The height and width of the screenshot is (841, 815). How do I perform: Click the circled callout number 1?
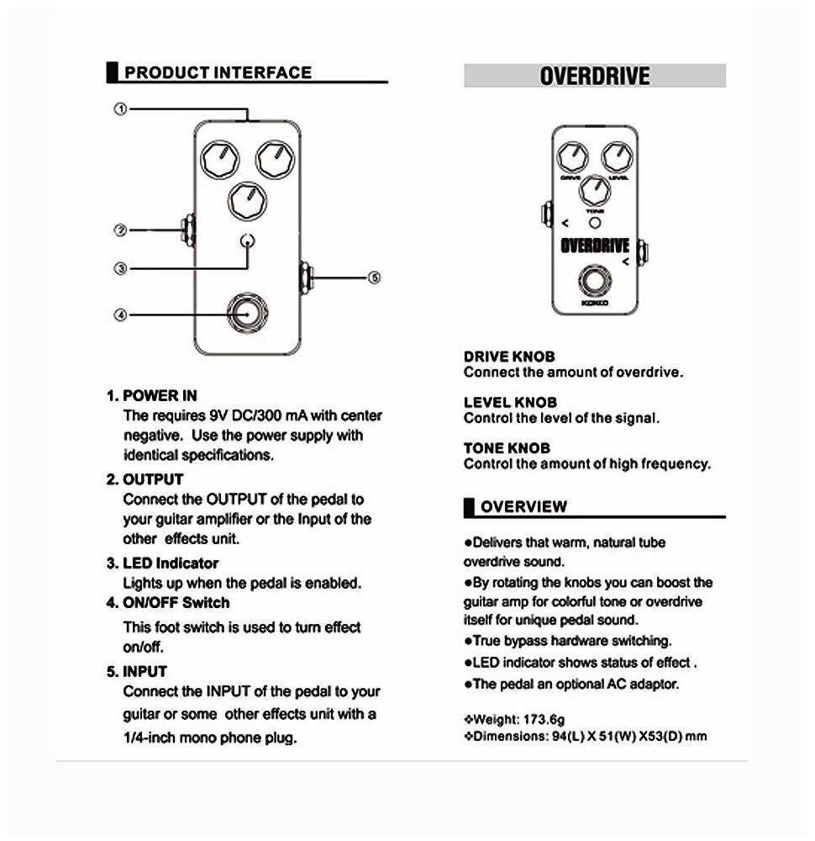pos(121,109)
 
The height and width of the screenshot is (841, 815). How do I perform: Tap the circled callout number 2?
pos(121,230)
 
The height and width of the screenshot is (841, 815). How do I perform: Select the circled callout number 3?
pos(121,269)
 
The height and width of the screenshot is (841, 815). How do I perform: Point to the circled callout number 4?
pos(121,315)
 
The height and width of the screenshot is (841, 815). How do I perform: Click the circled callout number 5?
pos(375,278)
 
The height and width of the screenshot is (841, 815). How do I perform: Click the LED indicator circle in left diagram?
pos(247,242)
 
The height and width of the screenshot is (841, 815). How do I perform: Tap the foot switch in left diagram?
pos(247,313)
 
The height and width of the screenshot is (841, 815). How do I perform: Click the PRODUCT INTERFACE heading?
pos(218,73)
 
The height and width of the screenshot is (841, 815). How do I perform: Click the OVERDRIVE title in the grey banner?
pos(595,77)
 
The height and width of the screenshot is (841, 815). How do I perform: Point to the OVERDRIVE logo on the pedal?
pos(595,246)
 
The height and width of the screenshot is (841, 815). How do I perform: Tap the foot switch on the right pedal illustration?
pos(595,283)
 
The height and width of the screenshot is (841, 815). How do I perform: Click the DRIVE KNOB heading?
pos(509,357)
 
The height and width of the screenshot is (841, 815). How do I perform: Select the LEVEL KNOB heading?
pos(510,402)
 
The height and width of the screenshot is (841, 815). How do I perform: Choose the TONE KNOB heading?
pos(507,448)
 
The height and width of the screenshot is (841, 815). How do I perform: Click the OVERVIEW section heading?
pos(523,506)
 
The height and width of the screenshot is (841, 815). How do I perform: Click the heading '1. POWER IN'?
pos(152,395)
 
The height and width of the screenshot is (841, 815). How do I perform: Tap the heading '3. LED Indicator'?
pos(162,563)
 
